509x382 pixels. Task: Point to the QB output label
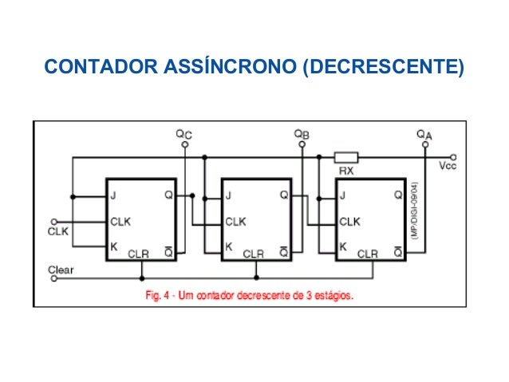pos(301,136)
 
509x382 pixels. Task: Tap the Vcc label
pos(448,167)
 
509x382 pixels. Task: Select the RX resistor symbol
pos(345,157)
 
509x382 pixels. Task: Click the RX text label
pos(346,171)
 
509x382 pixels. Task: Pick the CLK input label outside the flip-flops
pos(59,233)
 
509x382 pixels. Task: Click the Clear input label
pos(61,270)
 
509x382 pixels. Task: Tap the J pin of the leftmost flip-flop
pos(114,195)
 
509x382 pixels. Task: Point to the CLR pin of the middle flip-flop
pos(254,254)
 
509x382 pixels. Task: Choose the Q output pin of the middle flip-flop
pos(283,195)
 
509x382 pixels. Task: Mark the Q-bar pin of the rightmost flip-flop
pos(397,252)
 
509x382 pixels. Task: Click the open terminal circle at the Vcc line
pos(453,157)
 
